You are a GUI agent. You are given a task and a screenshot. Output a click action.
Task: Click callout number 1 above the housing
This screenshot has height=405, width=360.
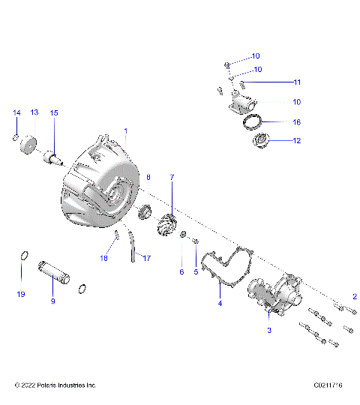tap(126, 130)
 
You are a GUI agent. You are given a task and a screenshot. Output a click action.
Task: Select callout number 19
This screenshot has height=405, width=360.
tap(22, 293)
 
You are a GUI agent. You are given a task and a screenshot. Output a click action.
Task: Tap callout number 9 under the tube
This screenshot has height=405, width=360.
tap(52, 301)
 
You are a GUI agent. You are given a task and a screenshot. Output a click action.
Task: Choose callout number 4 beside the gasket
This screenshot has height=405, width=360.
tap(220, 304)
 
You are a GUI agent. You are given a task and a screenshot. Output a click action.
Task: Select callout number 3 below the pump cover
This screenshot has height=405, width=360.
tap(268, 328)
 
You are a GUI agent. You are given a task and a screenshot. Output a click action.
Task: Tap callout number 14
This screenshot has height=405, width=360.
tap(16, 112)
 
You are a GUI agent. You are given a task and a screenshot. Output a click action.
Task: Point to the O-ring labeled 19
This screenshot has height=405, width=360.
tap(23, 259)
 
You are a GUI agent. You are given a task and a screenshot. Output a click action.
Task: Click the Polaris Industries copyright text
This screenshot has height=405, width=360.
tap(56, 385)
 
